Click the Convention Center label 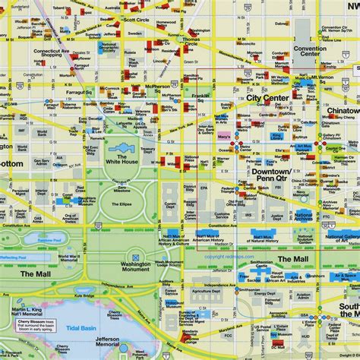pyautogui.click(x=310, y=50)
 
